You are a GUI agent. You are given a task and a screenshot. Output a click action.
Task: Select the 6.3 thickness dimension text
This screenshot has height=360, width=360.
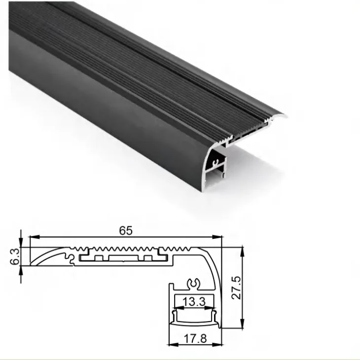pos(15,256)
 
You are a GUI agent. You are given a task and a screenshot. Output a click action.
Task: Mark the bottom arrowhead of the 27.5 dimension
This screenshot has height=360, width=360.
pos(242,326)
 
